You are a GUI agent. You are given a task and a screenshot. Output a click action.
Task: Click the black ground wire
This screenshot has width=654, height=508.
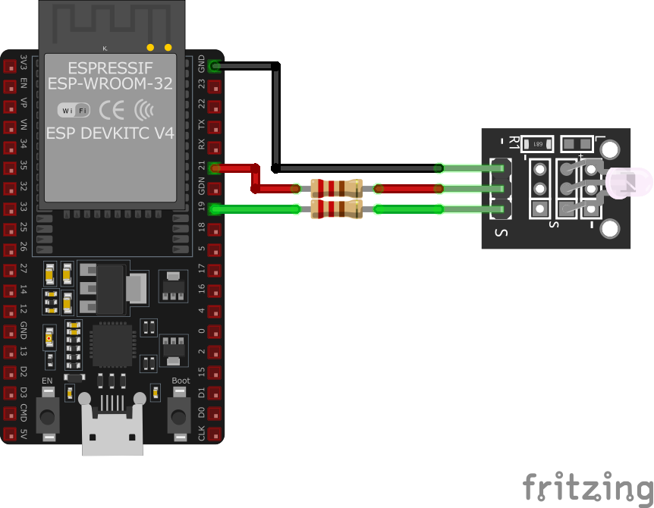click(276, 114)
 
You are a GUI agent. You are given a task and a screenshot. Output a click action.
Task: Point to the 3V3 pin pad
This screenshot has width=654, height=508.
click(11, 67)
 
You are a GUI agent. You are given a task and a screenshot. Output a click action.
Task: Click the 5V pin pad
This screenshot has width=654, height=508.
click(11, 434)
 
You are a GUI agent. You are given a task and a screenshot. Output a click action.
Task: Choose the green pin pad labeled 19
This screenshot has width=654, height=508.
click(215, 209)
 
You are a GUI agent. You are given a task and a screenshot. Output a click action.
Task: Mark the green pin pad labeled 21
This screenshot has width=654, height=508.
click(215, 168)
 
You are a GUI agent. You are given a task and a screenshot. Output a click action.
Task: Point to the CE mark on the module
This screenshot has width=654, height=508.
click(112, 111)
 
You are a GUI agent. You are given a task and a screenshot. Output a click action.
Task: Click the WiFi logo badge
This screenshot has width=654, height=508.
click(74, 111)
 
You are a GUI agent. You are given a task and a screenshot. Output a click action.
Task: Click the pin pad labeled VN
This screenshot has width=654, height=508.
click(11, 127)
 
